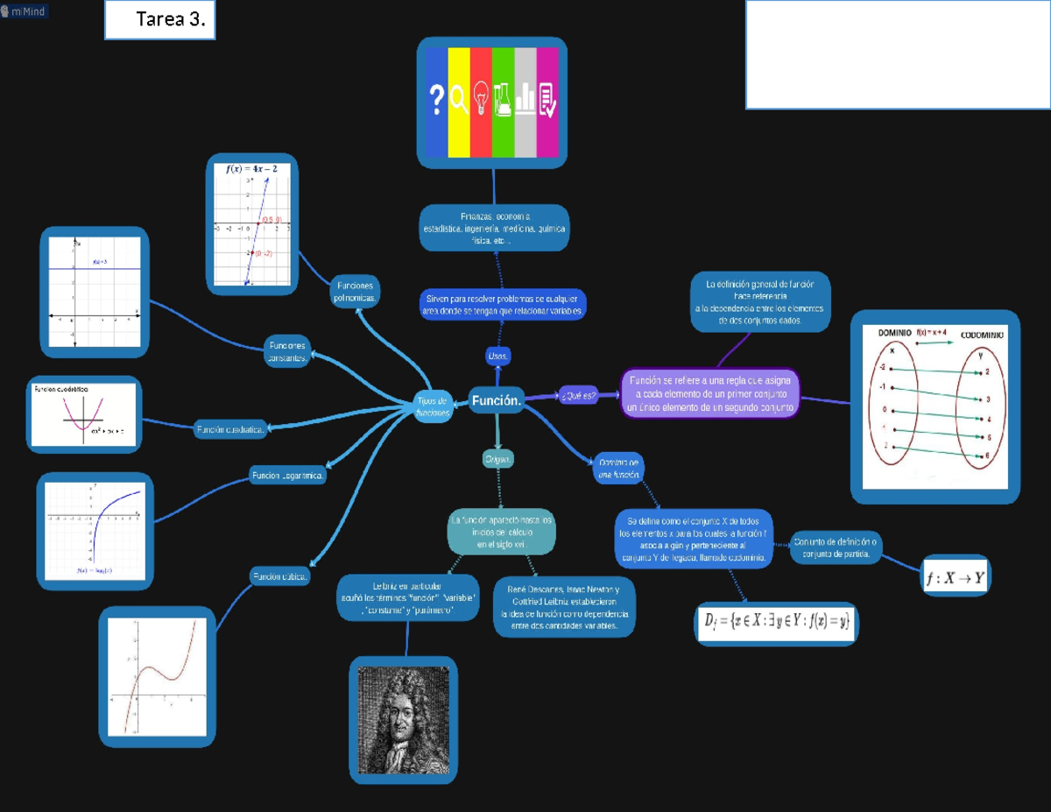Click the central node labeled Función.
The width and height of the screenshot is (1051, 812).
pyautogui.click(x=497, y=400)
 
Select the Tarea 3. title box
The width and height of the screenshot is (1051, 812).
pyautogui.click(x=160, y=20)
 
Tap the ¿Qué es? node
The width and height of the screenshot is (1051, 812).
pyautogui.click(x=578, y=396)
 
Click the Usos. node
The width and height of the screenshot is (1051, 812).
pyautogui.click(x=497, y=356)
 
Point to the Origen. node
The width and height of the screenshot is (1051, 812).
pyautogui.click(x=497, y=459)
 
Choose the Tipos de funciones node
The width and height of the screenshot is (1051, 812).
pyautogui.click(x=432, y=406)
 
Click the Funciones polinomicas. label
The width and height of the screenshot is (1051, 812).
pyautogui.click(x=355, y=292)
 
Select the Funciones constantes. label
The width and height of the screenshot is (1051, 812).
pyautogui.click(x=286, y=350)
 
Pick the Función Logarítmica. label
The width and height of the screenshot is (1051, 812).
pyautogui.click(x=288, y=476)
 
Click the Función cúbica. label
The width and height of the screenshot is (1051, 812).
pyautogui.click(x=279, y=576)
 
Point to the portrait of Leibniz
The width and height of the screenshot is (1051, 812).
pyautogui.click(x=403, y=717)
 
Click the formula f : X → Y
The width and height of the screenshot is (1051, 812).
pyautogui.click(x=955, y=578)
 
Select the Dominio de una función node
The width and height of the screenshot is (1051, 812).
pyautogui.click(x=619, y=468)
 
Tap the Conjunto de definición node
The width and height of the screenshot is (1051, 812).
pyautogui.click(x=836, y=548)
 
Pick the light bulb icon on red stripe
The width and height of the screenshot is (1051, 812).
pyautogui.click(x=481, y=99)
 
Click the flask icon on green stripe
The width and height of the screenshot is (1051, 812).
pyautogui.click(x=503, y=99)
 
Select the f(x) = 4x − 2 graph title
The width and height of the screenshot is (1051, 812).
pyautogui.click(x=251, y=168)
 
